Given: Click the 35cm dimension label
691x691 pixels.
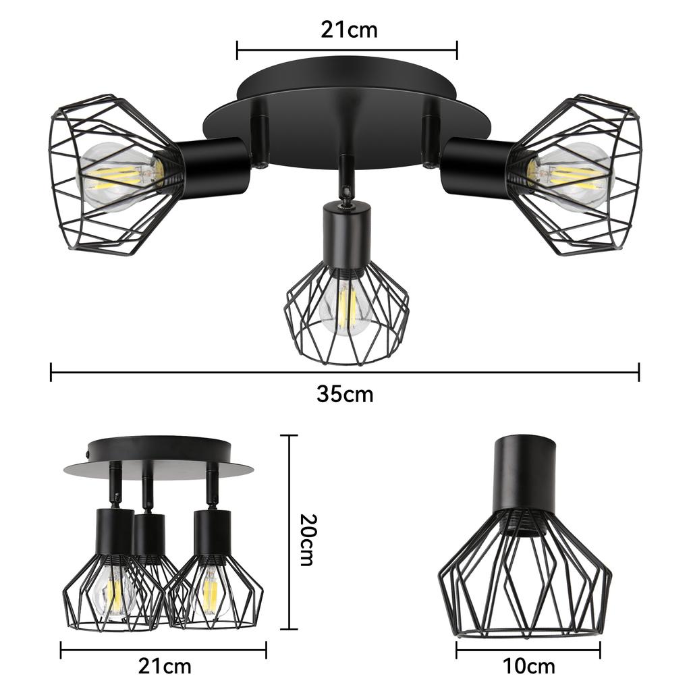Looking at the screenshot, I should click(x=345, y=394).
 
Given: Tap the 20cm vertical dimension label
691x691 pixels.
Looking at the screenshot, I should click(x=306, y=539).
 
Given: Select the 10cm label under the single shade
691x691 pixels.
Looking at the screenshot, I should click(x=528, y=666).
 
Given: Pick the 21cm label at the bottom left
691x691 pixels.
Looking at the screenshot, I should click(x=165, y=666).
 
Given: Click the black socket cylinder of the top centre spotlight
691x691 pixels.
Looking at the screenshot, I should click(x=345, y=233).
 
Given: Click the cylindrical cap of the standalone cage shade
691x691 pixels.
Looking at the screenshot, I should click(x=526, y=472).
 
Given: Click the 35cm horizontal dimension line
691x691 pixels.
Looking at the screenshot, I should click(x=345, y=371).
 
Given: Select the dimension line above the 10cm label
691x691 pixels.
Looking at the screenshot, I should click(x=528, y=651).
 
